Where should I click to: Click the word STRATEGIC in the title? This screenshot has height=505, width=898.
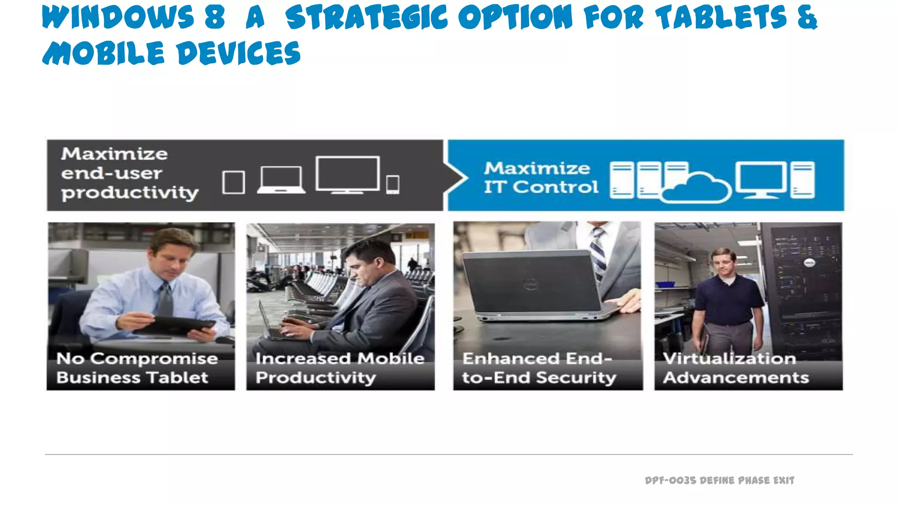[x=366, y=18]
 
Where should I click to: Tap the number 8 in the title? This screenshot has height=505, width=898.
[x=215, y=18]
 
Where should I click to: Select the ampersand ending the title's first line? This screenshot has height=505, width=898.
[x=807, y=18]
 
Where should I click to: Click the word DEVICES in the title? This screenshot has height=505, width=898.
[x=239, y=53]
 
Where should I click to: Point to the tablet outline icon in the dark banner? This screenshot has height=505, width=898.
[x=233, y=182]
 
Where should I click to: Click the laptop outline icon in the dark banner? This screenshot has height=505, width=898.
[x=281, y=180]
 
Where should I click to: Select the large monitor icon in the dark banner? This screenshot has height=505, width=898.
[x=347, y=174]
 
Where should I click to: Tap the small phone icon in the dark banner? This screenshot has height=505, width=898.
[x=392, y=184]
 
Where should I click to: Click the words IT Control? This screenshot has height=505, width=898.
[x=541, y=187]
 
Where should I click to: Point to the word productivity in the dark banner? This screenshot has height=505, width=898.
[x=130, y=193]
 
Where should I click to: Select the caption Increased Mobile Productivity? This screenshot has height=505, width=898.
[x=340, y=368]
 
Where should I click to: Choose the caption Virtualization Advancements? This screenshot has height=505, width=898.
[x=735, y=368]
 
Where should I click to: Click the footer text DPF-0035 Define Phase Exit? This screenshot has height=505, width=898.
[x=719, y=480]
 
